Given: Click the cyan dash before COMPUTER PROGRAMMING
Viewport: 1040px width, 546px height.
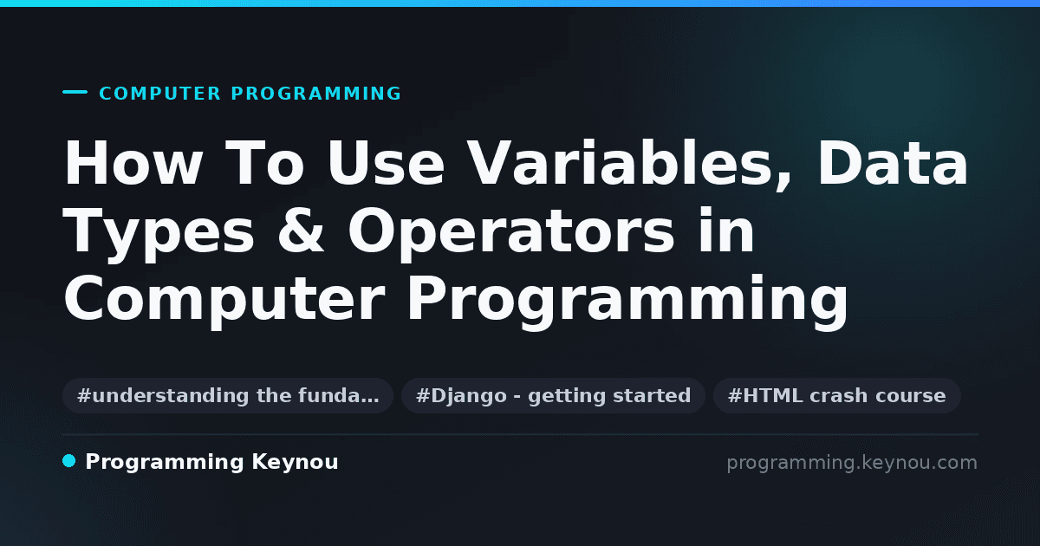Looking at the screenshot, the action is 75,92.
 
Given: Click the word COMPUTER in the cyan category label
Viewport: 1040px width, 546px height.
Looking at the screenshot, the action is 160,94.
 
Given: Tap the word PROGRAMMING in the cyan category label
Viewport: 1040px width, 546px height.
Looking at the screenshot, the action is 316,94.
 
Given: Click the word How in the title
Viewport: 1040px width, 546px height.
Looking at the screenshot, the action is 133,163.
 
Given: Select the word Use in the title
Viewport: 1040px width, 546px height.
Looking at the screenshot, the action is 386,163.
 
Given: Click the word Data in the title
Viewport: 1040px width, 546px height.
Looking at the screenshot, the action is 893,163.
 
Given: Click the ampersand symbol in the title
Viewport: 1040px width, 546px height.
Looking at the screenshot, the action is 301,231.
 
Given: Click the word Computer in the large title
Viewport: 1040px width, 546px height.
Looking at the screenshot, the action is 224,301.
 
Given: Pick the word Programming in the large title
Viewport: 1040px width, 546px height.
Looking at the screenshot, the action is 627,301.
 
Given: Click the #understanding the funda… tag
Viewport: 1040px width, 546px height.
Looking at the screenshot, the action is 228,395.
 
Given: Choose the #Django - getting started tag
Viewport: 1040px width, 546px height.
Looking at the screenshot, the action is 554,395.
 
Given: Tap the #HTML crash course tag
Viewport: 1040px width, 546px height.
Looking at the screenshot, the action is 836,395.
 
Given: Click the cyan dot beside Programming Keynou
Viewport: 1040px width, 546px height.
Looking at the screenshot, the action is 69,461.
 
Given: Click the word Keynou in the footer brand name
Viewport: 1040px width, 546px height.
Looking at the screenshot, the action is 295,463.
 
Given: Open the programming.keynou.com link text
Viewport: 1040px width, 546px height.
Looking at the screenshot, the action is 852,463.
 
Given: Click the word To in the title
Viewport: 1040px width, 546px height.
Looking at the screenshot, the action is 264,163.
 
